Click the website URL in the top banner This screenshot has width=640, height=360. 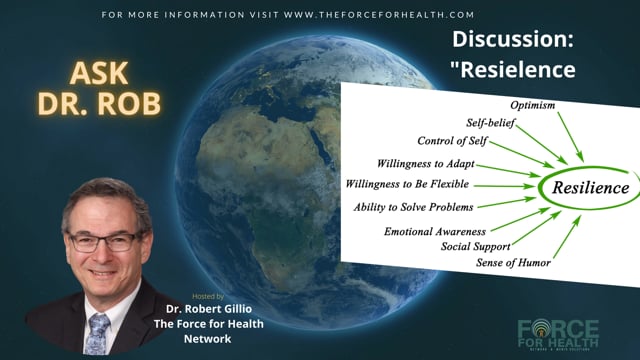tap(379, 15)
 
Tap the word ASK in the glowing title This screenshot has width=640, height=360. tap(99, 73)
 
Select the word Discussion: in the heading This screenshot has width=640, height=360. tap(513, 39)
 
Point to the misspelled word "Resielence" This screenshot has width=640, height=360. tap(513, 69)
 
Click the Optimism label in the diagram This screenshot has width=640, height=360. tap(533, 105)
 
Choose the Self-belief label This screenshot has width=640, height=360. tap(491, 123)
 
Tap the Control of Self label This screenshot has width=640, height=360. tap(452, 141)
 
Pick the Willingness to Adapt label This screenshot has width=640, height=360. tap(425, 164)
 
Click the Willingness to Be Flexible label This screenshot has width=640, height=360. tap(407, 184)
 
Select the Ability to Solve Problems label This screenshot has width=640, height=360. tap(413, 207)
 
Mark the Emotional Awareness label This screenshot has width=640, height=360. tap(435, 232)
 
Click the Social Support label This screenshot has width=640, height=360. tap(476, 247)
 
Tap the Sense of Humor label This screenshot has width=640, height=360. tap(513, 262)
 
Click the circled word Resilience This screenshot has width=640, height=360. tap(591, 188)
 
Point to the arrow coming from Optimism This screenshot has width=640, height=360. tap(571, 137)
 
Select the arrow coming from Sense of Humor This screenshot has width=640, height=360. tap(567, 237)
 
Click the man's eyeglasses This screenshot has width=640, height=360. tap(104, 242)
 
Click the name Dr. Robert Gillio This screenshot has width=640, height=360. tap(209, 309)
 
